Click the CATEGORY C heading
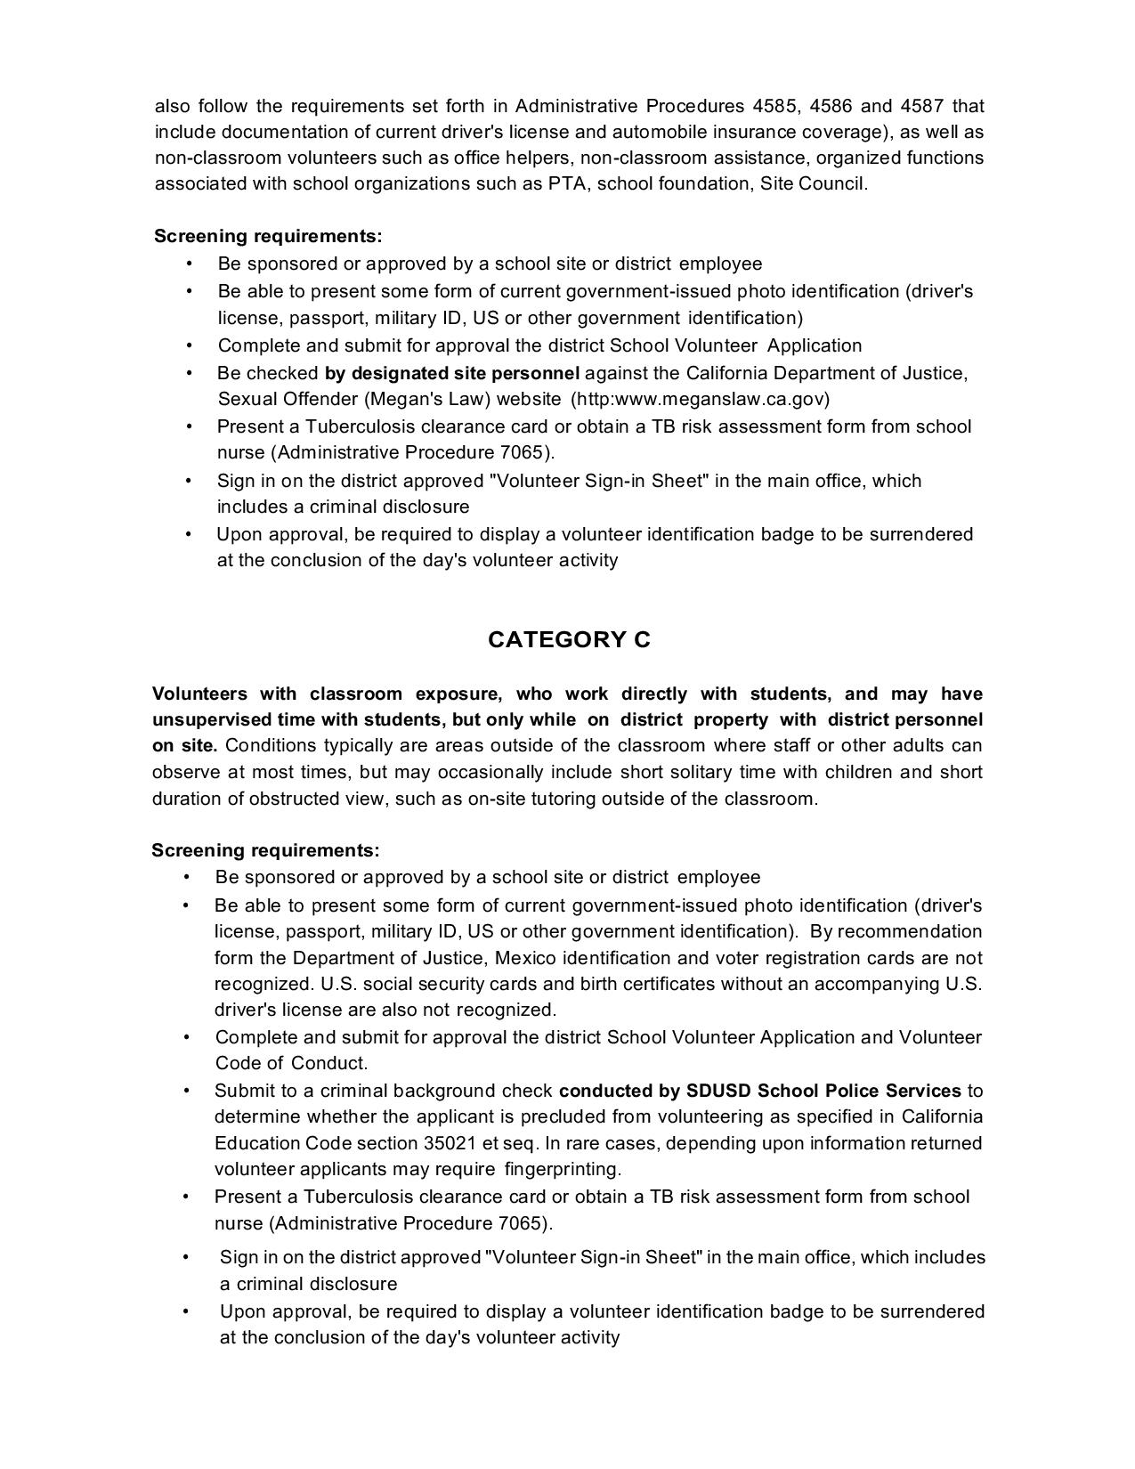click(569, 640)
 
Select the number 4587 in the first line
click(921, 107)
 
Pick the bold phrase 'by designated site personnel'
click(452, 373)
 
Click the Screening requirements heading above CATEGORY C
click(268, 236)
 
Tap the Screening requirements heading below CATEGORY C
click(265, 850)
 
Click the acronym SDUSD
click(717, 1091)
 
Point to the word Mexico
click(526, 958)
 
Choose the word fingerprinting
click(563, 1169)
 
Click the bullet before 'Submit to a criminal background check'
click(187, 1091)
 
